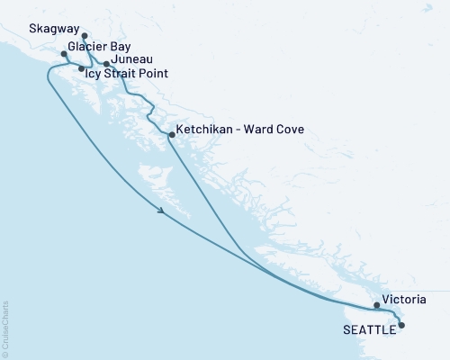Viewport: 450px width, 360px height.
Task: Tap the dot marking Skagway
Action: [85, 37]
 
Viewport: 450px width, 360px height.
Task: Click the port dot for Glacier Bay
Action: [64, 54]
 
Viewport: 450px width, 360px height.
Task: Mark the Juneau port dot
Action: [107, 64]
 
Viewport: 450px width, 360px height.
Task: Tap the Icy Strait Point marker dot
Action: [82, 68]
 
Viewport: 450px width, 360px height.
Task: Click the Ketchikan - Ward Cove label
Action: [239, 130]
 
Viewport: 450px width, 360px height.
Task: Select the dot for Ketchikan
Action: [171, 135]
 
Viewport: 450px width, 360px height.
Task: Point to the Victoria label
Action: [403, 297]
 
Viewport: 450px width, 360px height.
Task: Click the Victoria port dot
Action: [377, 305]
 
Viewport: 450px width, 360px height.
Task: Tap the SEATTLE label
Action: [370, 329]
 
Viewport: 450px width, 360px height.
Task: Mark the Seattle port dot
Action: [401, 325]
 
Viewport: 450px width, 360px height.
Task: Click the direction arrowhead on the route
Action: [161, 211]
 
